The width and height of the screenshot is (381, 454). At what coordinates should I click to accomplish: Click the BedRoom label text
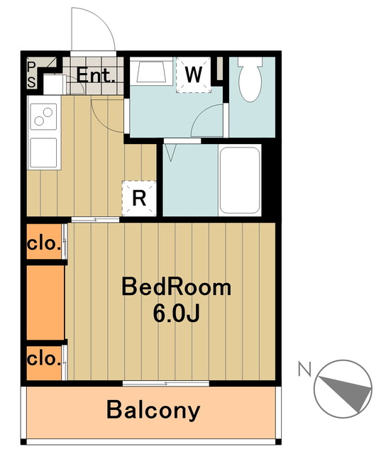pos(177,287)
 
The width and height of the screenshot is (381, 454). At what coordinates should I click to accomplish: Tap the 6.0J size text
pos(177,314)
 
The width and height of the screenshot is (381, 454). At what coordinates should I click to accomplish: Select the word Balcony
pos(153,411)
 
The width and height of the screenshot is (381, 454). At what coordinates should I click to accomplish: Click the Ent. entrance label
pos(96,76)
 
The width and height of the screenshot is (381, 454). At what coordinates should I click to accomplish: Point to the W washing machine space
pos(194,75)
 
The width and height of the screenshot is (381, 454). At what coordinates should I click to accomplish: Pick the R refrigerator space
pos(139,199)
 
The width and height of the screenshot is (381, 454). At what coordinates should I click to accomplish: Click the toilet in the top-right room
pos(250,79)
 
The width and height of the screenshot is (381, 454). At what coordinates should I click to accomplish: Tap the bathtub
pos(240,180)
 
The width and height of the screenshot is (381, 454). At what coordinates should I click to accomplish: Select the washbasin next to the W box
pos(151,71)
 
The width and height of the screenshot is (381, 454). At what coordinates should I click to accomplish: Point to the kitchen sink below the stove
pos(43,153)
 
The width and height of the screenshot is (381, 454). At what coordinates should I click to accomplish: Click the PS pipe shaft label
pos(31,75)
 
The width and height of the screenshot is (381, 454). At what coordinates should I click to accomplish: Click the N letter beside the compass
pos(304,369)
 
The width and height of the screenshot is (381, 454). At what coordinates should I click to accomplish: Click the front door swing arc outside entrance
pos(103,19)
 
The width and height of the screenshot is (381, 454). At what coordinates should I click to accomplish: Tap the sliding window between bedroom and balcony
pos(166,384)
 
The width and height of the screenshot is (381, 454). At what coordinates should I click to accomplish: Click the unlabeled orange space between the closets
pos(45,302)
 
